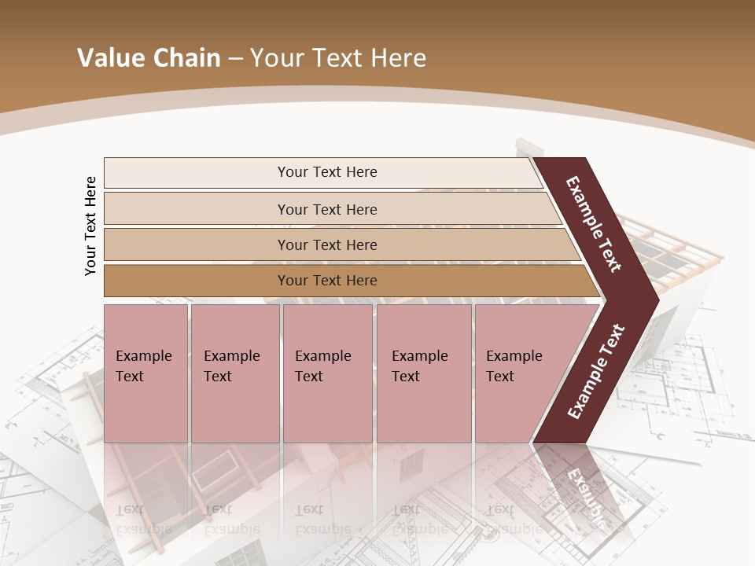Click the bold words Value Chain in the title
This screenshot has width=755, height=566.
click(x=149, y=58)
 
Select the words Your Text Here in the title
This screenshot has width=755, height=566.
click(x=338, y=58)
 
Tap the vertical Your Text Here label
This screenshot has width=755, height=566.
click(x=90, y=226)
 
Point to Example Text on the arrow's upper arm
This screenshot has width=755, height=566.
click(x=594, y=224)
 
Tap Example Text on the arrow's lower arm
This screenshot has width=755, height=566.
click(x=595, y=372)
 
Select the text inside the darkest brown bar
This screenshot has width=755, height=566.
click(x=327, y=281)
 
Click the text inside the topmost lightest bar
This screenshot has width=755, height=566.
click(x=327, y=172)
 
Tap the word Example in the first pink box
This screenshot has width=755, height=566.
click(x=143, y=356)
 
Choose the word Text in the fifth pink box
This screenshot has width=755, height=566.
click(x=500, y=377)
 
